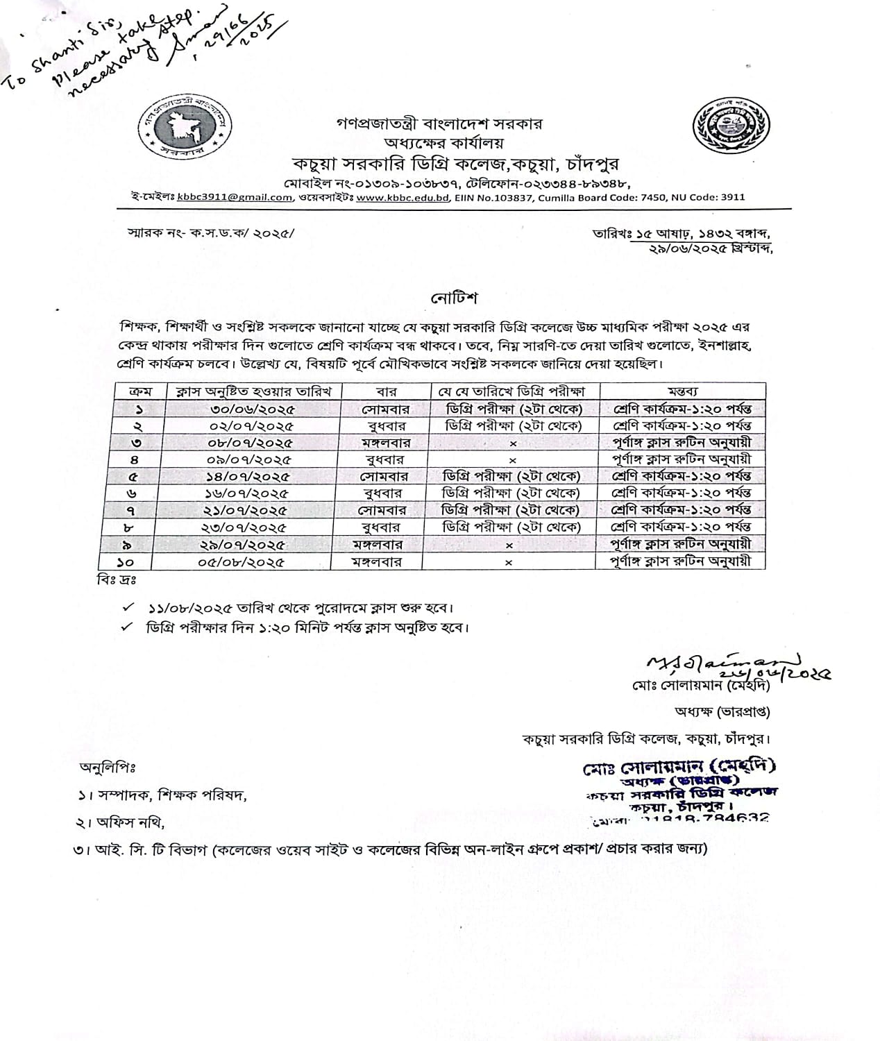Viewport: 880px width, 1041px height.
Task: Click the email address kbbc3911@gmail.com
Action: click(234, 197)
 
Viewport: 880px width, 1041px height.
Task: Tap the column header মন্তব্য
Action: click(682, 391)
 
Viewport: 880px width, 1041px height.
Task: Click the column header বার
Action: click(385, 391)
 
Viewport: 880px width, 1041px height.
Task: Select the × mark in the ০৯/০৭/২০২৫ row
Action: click(513, 459)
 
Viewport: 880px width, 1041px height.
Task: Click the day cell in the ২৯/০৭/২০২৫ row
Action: click(378, 545)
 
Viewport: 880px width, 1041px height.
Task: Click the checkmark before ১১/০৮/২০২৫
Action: click(127, 607)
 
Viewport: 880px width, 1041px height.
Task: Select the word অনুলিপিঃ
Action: click(108, 768)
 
